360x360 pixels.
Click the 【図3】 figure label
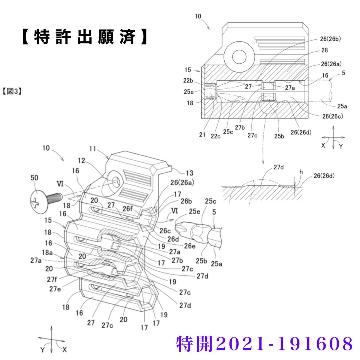point(12,91)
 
